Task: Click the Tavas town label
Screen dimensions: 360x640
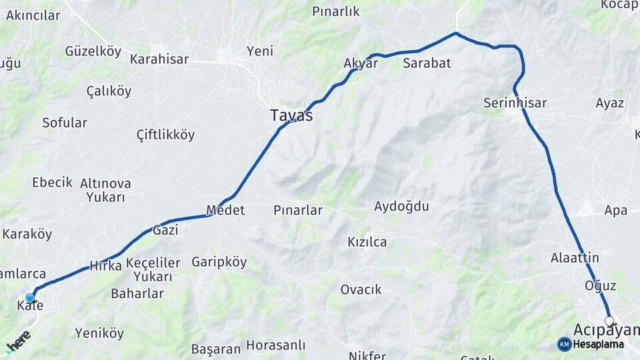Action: click(291, 115)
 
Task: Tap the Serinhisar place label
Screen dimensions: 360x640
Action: click(515, 103)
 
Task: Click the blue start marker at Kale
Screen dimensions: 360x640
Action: click(30, 298)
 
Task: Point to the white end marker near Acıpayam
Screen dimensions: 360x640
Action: click(609, 321)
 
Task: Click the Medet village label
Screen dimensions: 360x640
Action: click(225, 210)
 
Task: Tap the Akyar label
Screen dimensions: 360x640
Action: click(361, 63)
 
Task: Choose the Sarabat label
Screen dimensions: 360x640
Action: click(427, 63)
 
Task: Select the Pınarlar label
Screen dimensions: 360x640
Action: click(298, 210)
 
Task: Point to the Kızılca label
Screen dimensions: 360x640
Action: click(367, 241)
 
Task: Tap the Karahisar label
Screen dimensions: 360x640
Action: click(159, 59)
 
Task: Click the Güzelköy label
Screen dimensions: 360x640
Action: click(93, 51)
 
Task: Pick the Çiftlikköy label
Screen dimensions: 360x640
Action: click(165, 135)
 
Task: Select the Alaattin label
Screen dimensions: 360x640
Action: click(575, 257)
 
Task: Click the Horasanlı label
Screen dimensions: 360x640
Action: click(275, 345)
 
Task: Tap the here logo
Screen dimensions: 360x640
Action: click(18, 342)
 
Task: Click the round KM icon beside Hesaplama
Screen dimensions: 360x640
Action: click(564, 344)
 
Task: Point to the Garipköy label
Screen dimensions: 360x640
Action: click(219, 262)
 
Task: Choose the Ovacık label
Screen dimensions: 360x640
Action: click(361, 289)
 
